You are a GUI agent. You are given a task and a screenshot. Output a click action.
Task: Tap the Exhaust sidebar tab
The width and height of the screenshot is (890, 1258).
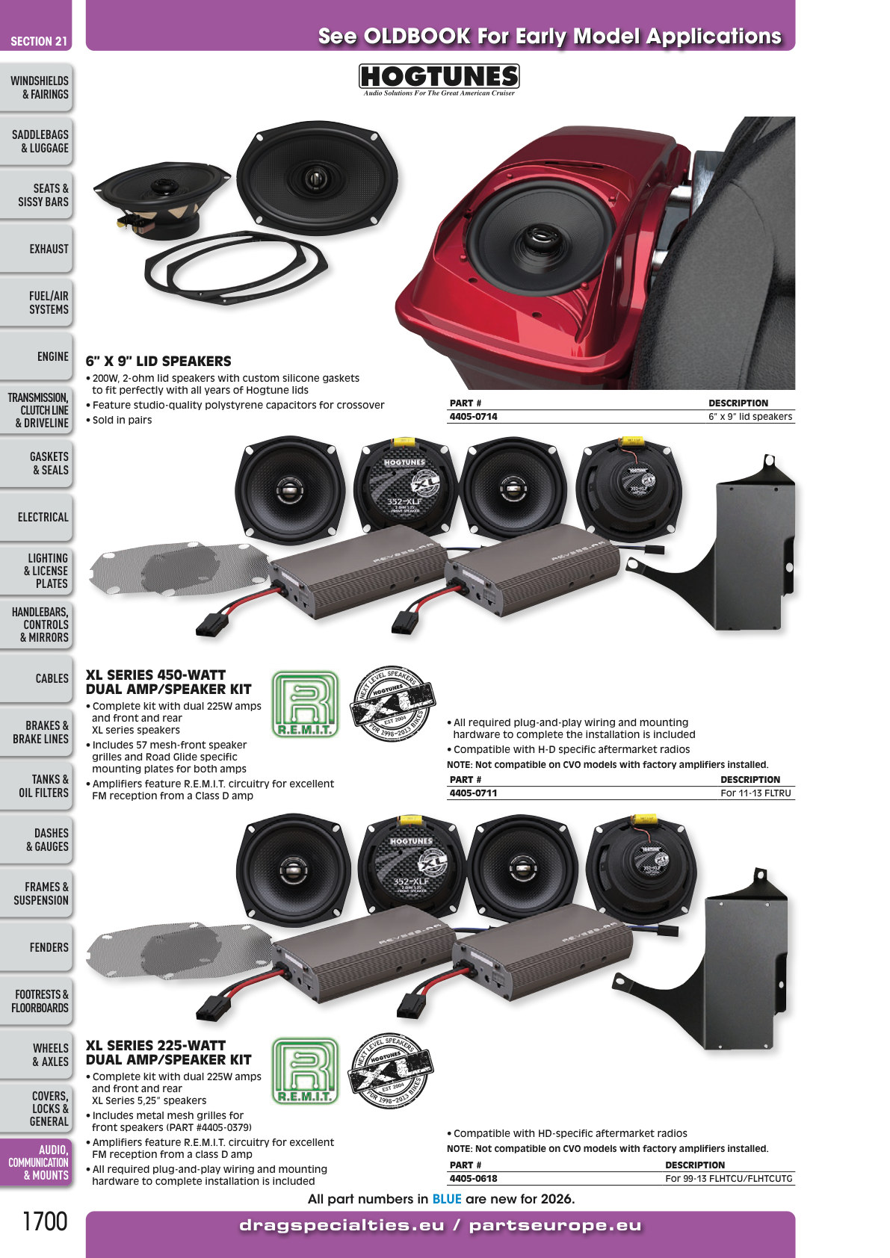pos(37,249)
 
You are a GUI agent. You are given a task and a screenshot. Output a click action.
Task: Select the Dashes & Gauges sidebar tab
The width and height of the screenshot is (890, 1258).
pos(37,840)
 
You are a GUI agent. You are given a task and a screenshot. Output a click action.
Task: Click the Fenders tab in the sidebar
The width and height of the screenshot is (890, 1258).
pos(37,947)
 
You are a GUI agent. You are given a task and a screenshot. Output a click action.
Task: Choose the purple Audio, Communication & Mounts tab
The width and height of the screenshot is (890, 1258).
pos(37,1162)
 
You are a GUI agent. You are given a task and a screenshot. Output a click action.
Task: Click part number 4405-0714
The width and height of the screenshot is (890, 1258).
pos(473,417)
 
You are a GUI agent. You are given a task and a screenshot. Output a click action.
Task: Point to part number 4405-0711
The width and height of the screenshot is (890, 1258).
pos(473,793)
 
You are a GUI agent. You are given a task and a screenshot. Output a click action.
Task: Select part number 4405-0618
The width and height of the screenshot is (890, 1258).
pos(473,1178)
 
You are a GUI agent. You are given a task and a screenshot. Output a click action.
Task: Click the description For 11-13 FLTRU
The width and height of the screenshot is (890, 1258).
pos(755,793)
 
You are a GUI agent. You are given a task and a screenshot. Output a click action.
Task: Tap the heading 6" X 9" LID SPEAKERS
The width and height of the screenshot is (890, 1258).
pos(158,361)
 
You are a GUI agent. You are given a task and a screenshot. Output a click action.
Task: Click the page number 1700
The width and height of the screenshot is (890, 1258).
pos(44,1221)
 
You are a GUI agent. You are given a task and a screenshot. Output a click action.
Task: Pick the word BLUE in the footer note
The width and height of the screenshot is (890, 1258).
pos(447,1199)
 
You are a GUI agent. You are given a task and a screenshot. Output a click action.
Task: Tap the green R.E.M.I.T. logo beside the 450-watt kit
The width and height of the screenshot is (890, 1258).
pos(305,704)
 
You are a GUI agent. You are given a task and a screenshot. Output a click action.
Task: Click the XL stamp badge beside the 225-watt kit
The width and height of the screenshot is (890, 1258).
pos(392,1071)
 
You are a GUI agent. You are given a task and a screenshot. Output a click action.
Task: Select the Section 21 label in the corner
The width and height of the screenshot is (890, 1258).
pos(39,41)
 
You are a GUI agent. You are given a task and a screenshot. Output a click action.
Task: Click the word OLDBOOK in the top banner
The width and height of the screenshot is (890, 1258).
pos(417,37)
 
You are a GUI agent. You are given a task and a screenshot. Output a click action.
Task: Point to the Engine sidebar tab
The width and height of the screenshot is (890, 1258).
pos(37,356)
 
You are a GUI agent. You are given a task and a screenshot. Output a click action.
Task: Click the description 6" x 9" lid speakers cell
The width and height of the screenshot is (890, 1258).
pos(750,417)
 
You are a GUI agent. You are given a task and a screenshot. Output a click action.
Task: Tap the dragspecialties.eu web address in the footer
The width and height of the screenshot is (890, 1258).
pos(342,1225)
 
